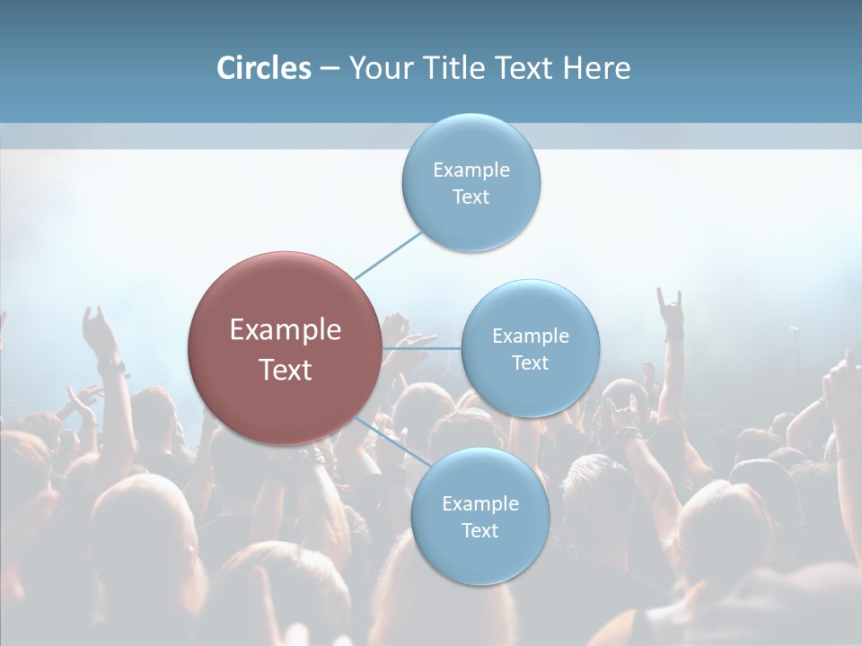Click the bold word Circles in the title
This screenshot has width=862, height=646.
264,68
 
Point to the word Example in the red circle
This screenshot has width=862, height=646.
286,330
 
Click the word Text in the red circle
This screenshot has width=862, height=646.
286,370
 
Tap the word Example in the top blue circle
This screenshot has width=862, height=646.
471,170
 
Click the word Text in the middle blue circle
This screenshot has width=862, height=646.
530,362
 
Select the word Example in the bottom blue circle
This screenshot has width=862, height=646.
480,503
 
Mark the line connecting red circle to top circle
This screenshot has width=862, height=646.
389,255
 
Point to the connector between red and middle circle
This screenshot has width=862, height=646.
421,348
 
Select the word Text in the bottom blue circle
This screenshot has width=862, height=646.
480,530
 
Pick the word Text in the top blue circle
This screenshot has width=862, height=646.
471,197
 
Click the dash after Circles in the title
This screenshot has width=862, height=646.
329,68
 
